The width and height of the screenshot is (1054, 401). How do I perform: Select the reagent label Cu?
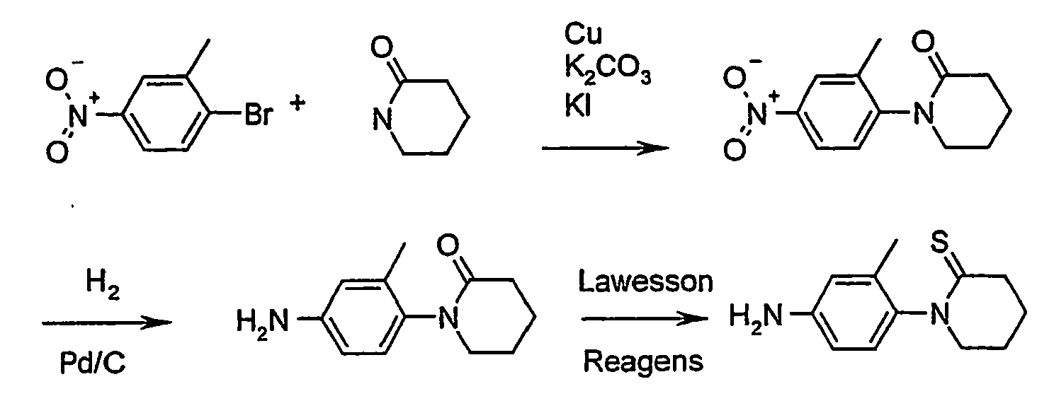tap(582, 33)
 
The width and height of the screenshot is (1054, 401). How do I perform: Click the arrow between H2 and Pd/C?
tap(106, 323)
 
